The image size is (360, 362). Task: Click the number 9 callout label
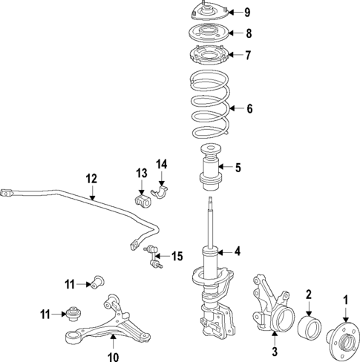[247, 12]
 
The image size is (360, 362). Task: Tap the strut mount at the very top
[207, 13]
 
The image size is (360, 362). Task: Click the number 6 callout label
[249, 109]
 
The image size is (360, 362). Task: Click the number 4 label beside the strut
[238, 251]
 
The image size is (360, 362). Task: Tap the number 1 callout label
[344, 299]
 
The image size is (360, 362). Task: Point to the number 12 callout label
[91, 178]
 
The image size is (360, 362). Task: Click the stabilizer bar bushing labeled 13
[138, 202]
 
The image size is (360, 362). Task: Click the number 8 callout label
[248, 33]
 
